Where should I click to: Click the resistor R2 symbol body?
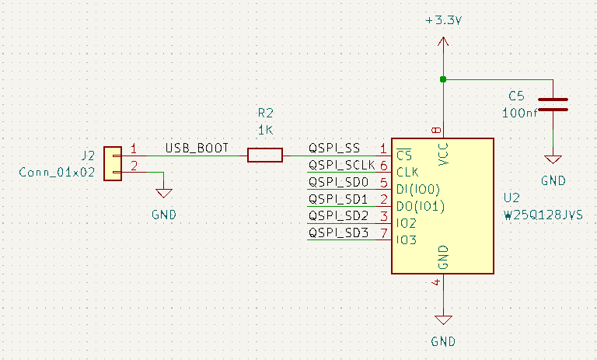coord(265,156)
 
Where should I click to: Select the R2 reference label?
coord(266,113)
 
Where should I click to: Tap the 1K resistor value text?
coord(266,130)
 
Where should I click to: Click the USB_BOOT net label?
coord(197,147)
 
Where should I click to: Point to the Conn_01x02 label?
coord(56,173)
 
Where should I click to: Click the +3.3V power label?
coord(443,22)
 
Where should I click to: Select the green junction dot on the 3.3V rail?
coord(443,79)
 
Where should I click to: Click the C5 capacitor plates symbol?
coord(553,104)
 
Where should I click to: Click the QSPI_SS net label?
coord(334,147)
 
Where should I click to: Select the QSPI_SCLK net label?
coord(341,165)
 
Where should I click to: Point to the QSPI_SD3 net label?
coord(338,232)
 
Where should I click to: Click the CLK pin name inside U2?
coord(408,172)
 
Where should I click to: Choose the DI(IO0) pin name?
coord(418,189)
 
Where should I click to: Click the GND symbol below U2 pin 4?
coord(443,319)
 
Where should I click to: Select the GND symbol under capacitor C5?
coord(553,159)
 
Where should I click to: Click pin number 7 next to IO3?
coord(383,232)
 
